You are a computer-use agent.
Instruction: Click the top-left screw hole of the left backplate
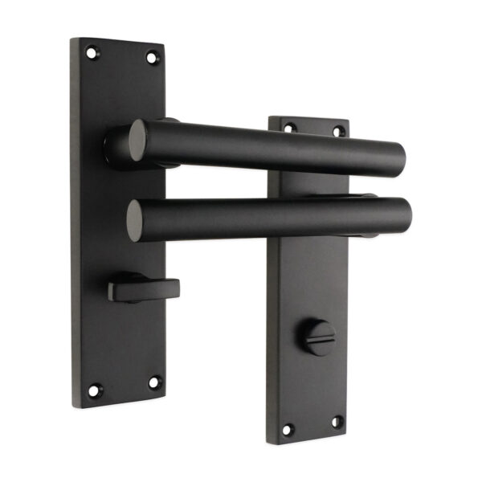pos(92,53)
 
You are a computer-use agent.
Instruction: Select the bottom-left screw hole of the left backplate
pos(94,390)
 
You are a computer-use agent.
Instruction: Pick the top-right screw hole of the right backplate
pos(338,130)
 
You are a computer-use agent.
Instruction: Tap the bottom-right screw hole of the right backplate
pos(337,421)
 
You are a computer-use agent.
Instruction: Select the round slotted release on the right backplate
pos(320,337)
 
